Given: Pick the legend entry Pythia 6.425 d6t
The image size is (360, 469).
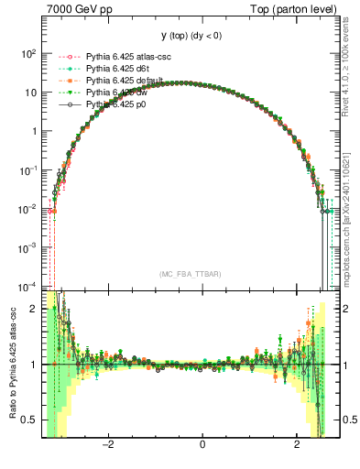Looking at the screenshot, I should (x=115, y=69).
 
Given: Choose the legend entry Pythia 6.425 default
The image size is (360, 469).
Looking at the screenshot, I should (x=122, y=81).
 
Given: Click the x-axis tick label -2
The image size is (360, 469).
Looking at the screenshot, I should (x=107, y=446).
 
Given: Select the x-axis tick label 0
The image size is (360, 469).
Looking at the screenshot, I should (x=202, y=446).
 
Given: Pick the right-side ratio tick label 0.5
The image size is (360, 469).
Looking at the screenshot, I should (x=349, y=420).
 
